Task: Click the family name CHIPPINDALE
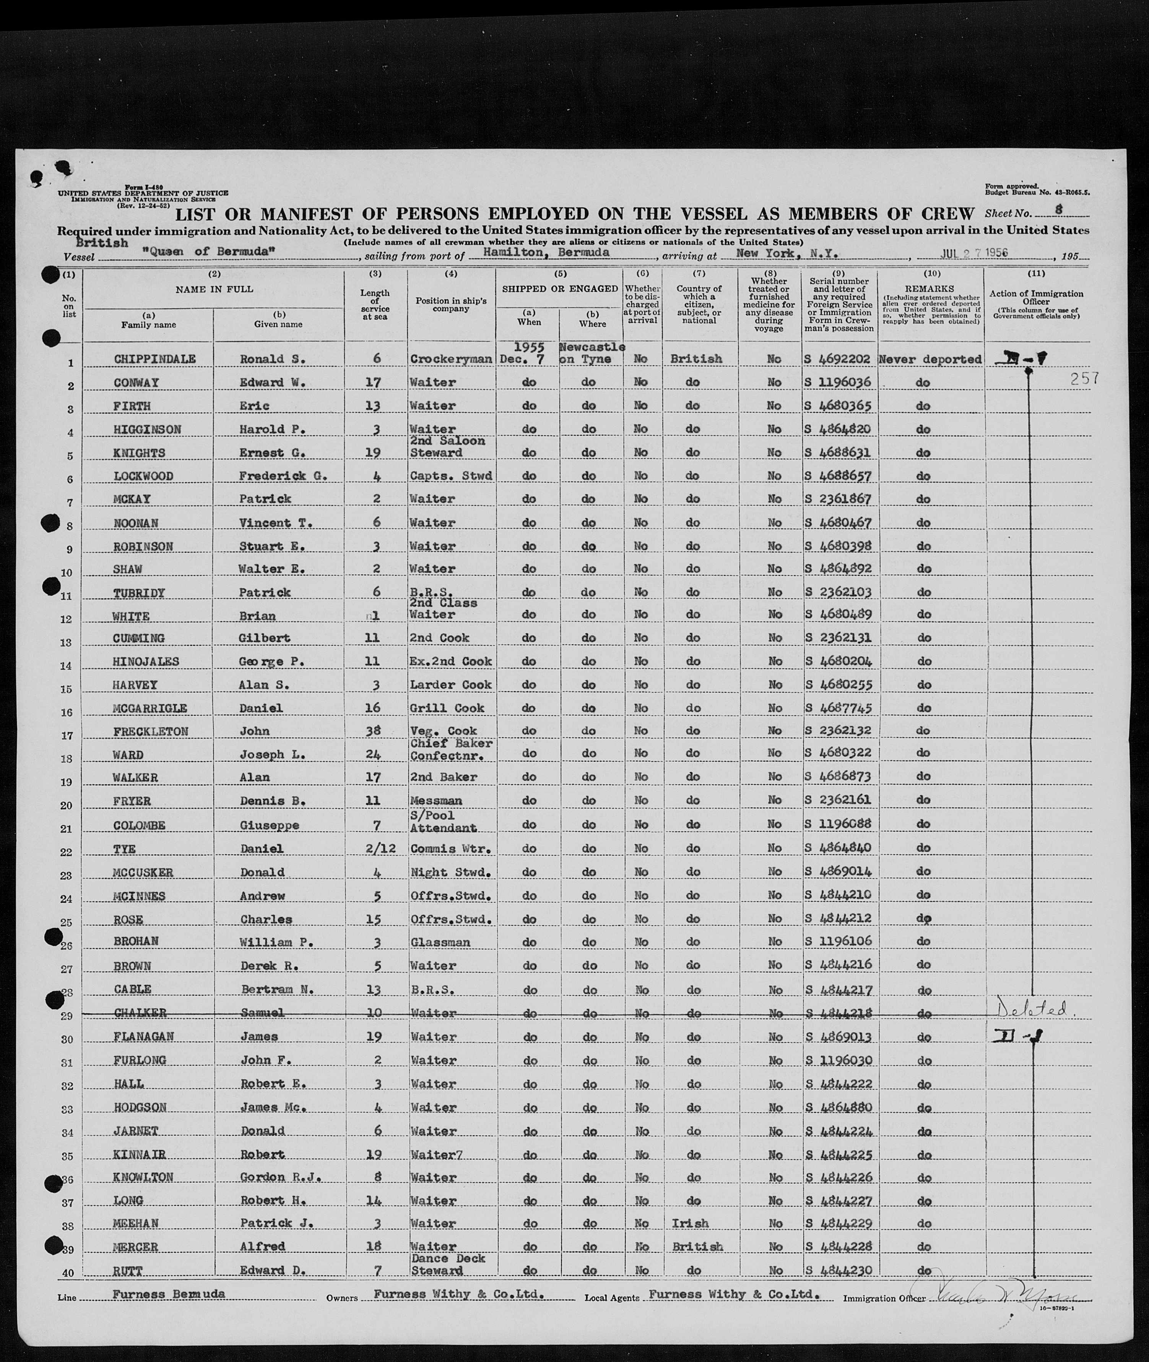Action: [154, 359]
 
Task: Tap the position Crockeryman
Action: [451, 359]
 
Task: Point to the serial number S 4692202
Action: [838, 359]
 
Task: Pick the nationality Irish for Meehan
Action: [690, 1223]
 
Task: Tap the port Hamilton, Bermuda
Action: [546, 252]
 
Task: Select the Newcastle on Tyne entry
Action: [592, 352]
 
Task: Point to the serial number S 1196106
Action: [838, 941]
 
